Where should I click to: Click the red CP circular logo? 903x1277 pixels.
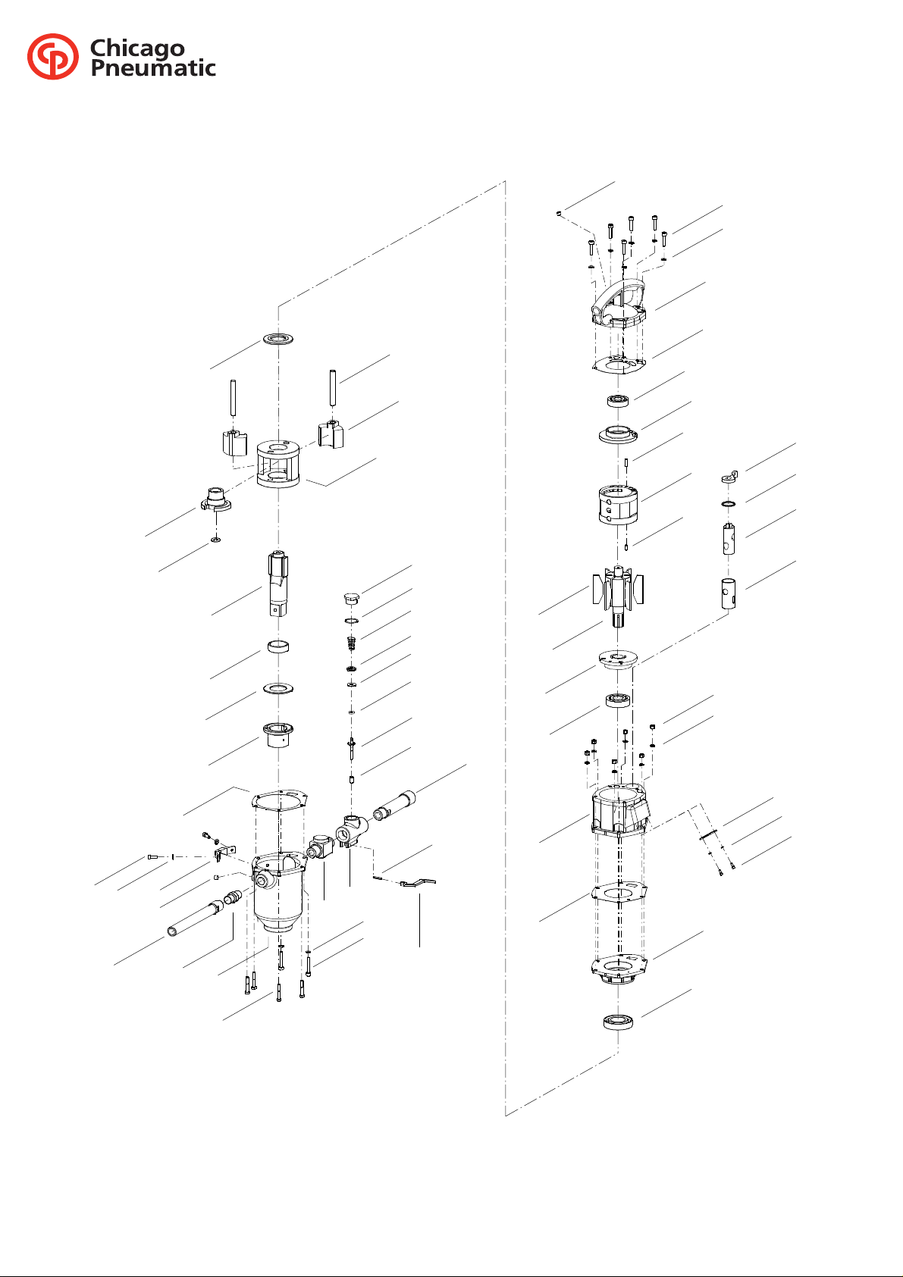[x=53, y=56]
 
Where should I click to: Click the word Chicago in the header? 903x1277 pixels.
[x=137, y=49]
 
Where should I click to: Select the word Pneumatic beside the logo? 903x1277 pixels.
[x=153, y=68]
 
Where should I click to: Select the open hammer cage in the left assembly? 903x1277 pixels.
[x=277, y=463]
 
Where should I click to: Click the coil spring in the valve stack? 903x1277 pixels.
[x=351, y=643]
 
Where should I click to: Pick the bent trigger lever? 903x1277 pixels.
[x=418, y=883]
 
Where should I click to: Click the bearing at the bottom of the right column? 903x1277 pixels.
[x=618, y=1022]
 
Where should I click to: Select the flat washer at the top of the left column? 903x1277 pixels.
[x=277, y=340]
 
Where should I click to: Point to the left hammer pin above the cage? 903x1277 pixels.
[x=234, y=397]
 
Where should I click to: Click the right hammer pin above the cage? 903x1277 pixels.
[x=333, y=388]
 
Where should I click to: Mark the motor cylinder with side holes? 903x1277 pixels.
[x=618, y=505]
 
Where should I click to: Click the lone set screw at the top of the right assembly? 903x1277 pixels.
[x=559, y=213]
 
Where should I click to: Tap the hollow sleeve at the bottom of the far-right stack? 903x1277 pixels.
[x=728, y=593]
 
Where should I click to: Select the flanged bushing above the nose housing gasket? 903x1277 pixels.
[x=277, y=734]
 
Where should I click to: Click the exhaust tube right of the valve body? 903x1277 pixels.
[x=394, y=805]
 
